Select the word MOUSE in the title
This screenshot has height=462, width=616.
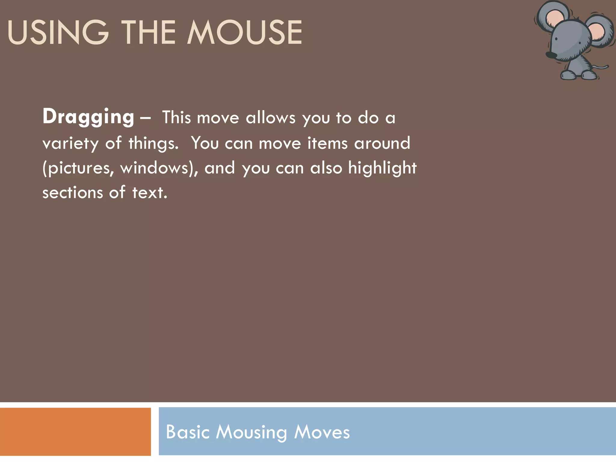coord(245,32)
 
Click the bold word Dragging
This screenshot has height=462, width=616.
coord(88,117)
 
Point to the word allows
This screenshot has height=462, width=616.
coord(271,118)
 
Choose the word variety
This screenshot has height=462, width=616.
coord(70,143)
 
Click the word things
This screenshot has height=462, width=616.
coord(153,143)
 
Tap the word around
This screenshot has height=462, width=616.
coord(382,143)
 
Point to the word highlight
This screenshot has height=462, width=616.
coord(382,168)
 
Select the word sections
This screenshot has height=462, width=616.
coord(72,193)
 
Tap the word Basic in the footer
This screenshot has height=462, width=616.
coord(187,432)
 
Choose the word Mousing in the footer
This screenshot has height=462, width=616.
coord(251,433)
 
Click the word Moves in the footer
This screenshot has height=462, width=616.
coord(322,432)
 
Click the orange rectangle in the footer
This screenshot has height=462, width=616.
coord(75,432)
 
